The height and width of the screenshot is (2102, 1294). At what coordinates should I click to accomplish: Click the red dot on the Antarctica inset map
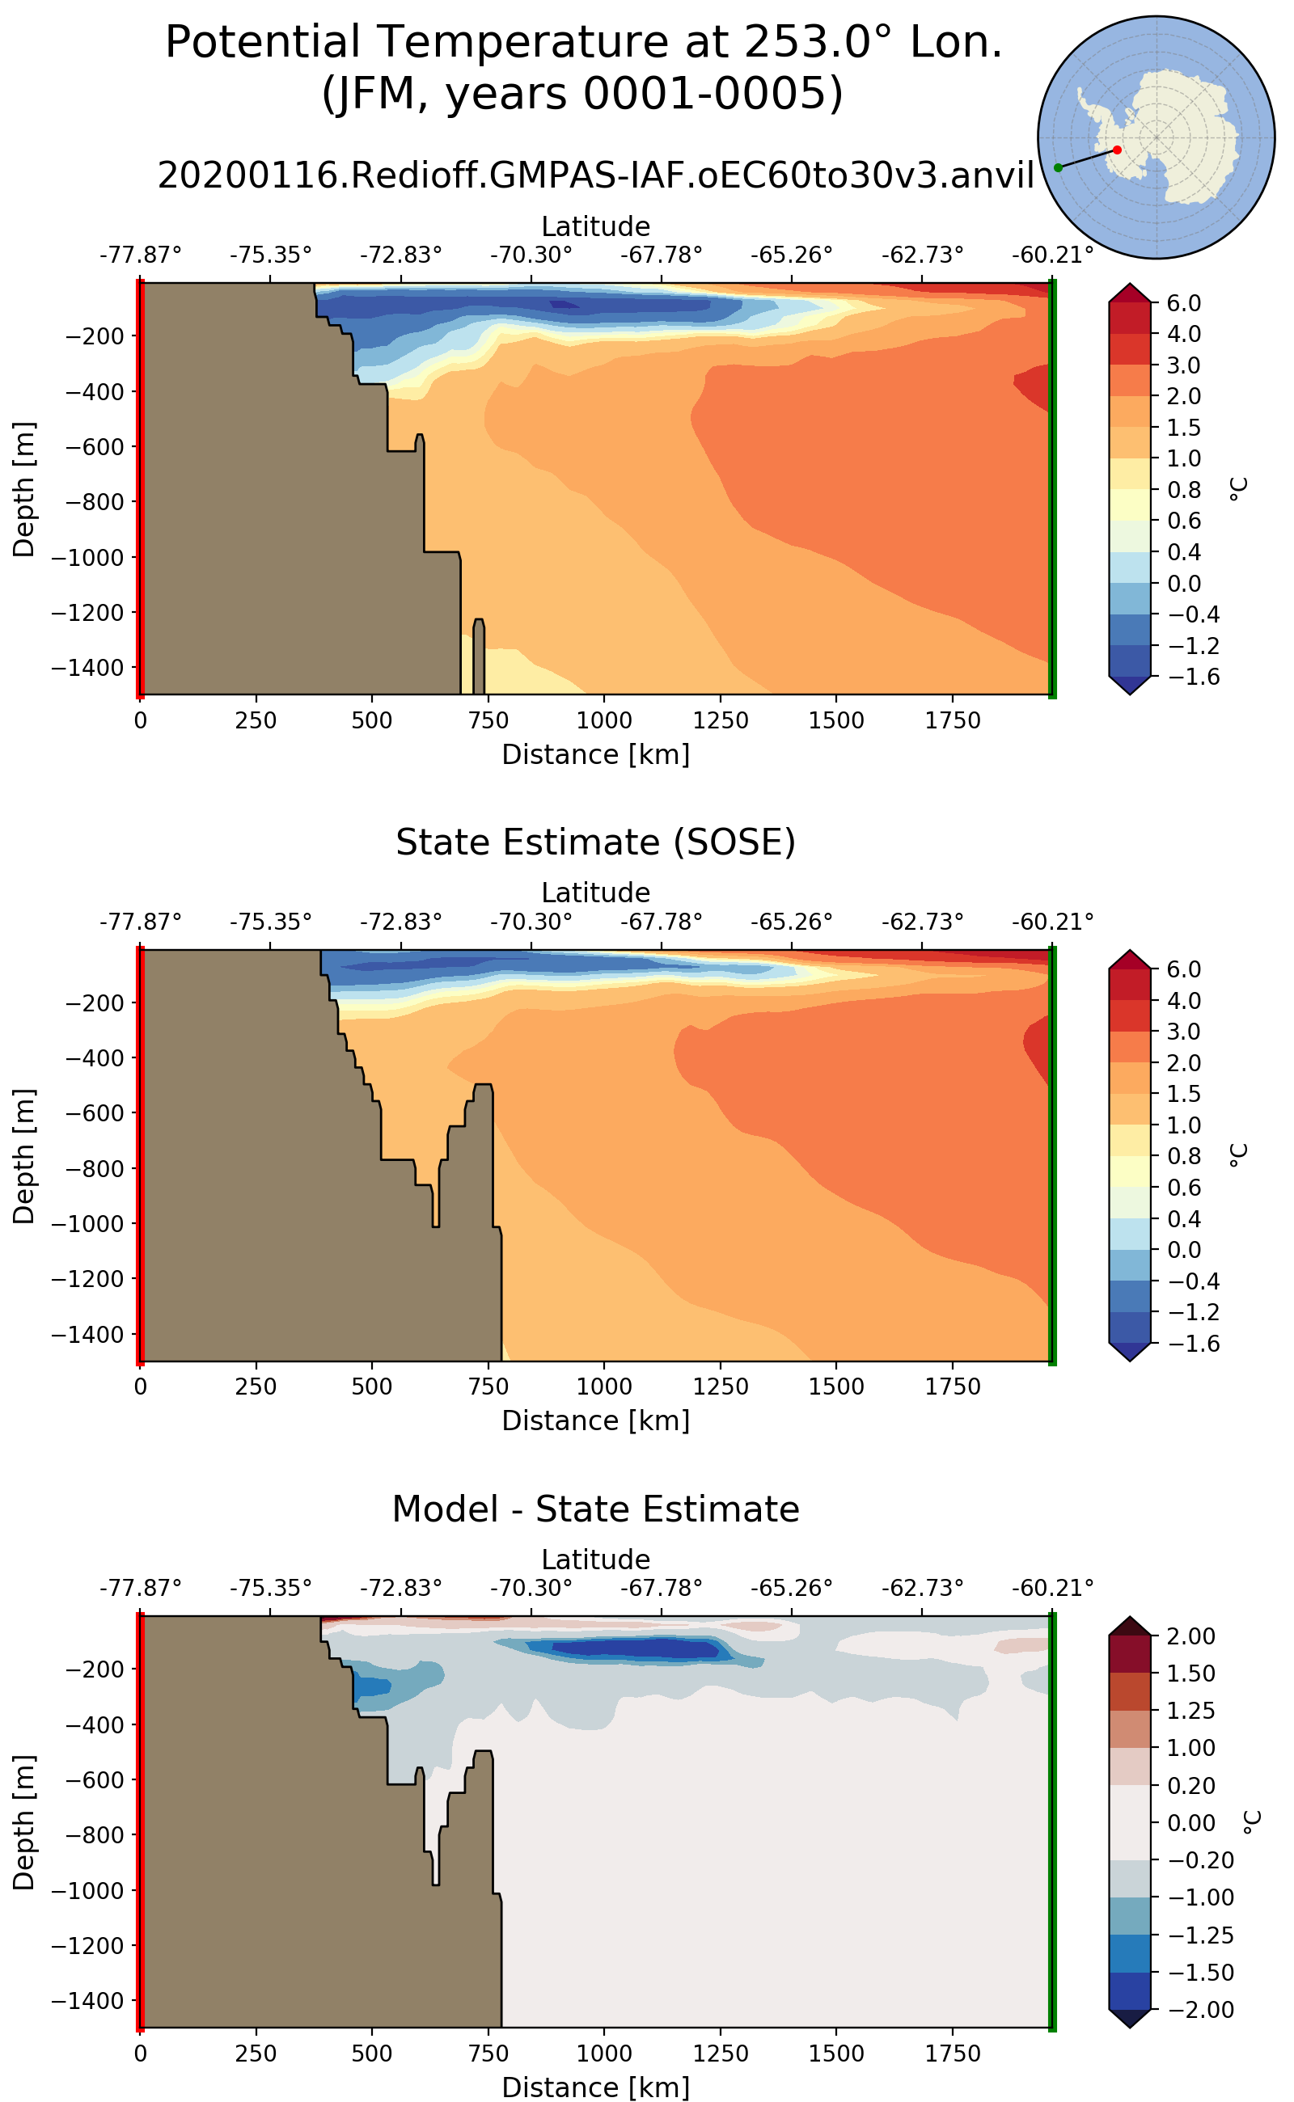click(x=1117, y=150)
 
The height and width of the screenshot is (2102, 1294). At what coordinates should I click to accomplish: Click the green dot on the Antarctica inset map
click(x=1059, y=167)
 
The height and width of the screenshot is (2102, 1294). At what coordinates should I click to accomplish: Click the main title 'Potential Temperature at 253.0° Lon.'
click(x=583, y=42)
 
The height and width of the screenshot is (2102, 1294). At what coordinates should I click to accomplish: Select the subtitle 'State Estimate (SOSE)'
click(x=596, y=842)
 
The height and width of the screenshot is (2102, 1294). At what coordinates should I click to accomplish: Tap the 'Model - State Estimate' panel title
click(x=596, y=1509)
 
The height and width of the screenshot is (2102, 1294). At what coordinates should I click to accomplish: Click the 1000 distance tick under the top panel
click(x=604, y=720)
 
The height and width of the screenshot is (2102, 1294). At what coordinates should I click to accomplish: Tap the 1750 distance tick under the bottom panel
click(x=953, y=2053)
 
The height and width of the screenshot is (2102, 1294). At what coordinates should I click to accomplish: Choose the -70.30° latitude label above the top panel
click(x=531, y=255)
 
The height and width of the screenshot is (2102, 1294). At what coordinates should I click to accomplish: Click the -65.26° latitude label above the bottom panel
click(x=792, y=1588)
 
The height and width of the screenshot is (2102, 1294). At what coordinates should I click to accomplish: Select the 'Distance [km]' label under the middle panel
click(x=596, y=1420)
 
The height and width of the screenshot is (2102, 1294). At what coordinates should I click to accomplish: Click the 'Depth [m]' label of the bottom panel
click(x=24, y=1822)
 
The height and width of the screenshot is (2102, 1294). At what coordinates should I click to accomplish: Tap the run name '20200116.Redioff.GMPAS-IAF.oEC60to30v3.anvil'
click(x=596, y=175)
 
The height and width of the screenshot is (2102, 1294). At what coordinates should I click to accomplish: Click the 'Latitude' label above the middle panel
click(x=596, y=893)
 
